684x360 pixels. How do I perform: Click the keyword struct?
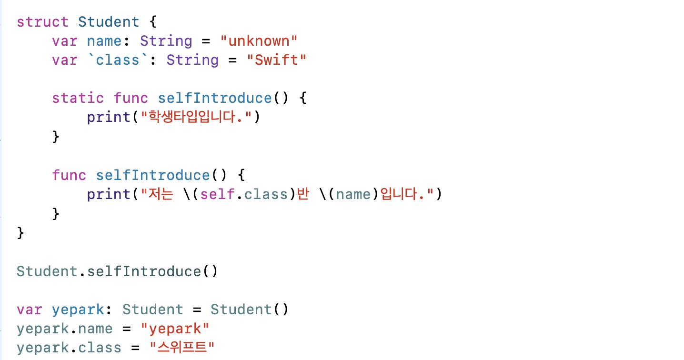click(42, 22)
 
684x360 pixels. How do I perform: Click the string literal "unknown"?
click(259, 41)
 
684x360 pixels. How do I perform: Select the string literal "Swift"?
click(276, 60)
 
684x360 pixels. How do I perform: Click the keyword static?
click(78, 98)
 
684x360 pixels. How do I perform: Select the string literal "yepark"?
click(175, 329)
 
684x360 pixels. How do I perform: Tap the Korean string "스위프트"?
click(182, 348)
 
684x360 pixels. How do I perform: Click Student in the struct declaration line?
click(109, 22)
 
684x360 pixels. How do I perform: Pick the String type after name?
click(166, 41)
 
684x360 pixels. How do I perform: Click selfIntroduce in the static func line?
click(214, 98)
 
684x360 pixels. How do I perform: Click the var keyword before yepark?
click(29, 310)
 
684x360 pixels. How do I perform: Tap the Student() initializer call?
click(249, 310)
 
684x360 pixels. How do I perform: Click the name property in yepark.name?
click(95, 329)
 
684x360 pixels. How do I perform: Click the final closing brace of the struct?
click(20, 233)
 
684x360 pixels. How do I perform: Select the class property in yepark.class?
click(100, 348)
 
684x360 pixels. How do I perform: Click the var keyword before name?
click(64, 41)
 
